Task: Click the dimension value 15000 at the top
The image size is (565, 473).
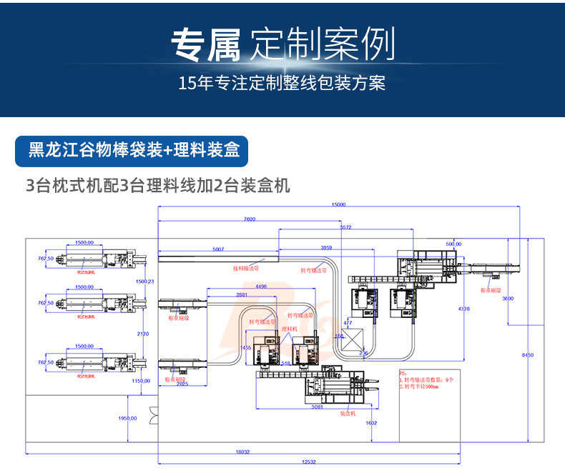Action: (338, 205)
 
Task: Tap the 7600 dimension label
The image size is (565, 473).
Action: (250, 218)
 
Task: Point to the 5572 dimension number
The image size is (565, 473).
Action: (345, 227)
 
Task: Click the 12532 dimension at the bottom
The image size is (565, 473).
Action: (309, 462)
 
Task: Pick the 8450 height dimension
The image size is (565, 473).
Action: (527, 355)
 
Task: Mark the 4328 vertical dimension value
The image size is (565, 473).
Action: (464, 309)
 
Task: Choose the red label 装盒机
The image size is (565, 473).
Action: (348, 413)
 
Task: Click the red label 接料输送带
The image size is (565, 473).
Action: (245, 269)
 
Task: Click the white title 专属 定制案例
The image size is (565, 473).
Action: (282, 45)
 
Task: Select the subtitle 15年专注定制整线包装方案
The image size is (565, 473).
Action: (282, 84)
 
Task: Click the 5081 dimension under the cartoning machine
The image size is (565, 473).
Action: (318, 408)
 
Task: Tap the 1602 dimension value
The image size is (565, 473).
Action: (370, 423)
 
